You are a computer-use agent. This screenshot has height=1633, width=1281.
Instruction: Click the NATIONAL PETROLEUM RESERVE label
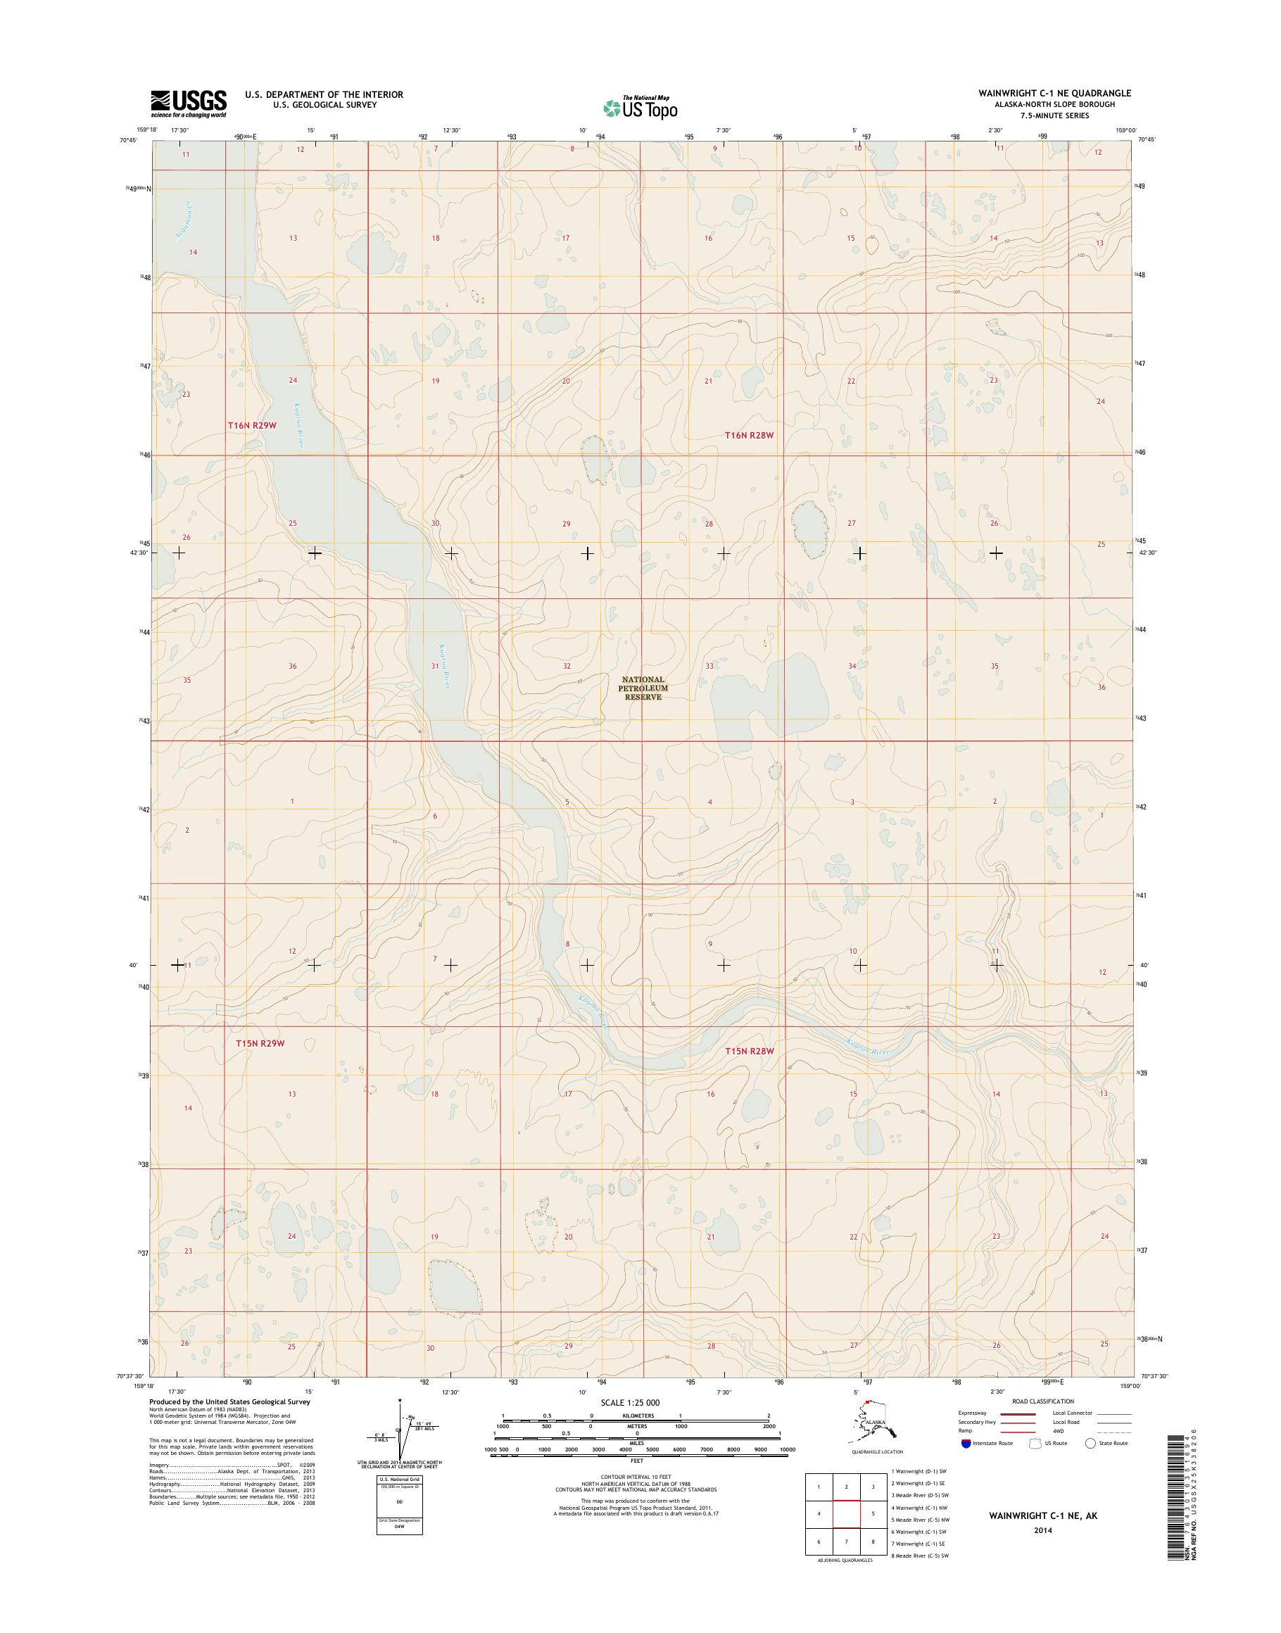(x=643, y=688)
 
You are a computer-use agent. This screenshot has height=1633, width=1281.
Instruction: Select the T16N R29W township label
(x=253, y=425)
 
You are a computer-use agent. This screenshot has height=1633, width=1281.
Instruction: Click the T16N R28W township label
(x=748, y=434)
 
